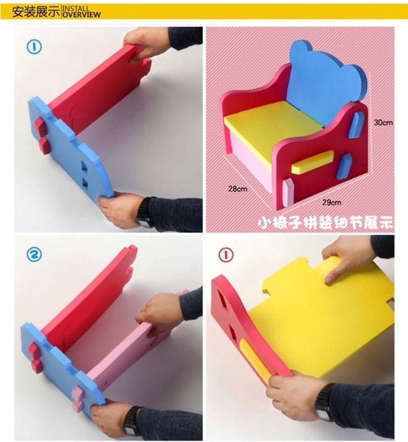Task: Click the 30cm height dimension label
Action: click(x=383, y=123)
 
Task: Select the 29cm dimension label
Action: click(x=331, y=202)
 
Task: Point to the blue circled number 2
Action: click(x=34, y=254)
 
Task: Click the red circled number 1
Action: click(x=226, y=255)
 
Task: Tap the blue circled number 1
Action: click(x=34, y=47)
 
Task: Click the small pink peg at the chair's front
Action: click(x=288, y=192)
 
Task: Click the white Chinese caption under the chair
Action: click(x=326, y=223)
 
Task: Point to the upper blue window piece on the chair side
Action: click(x=355, y=124)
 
